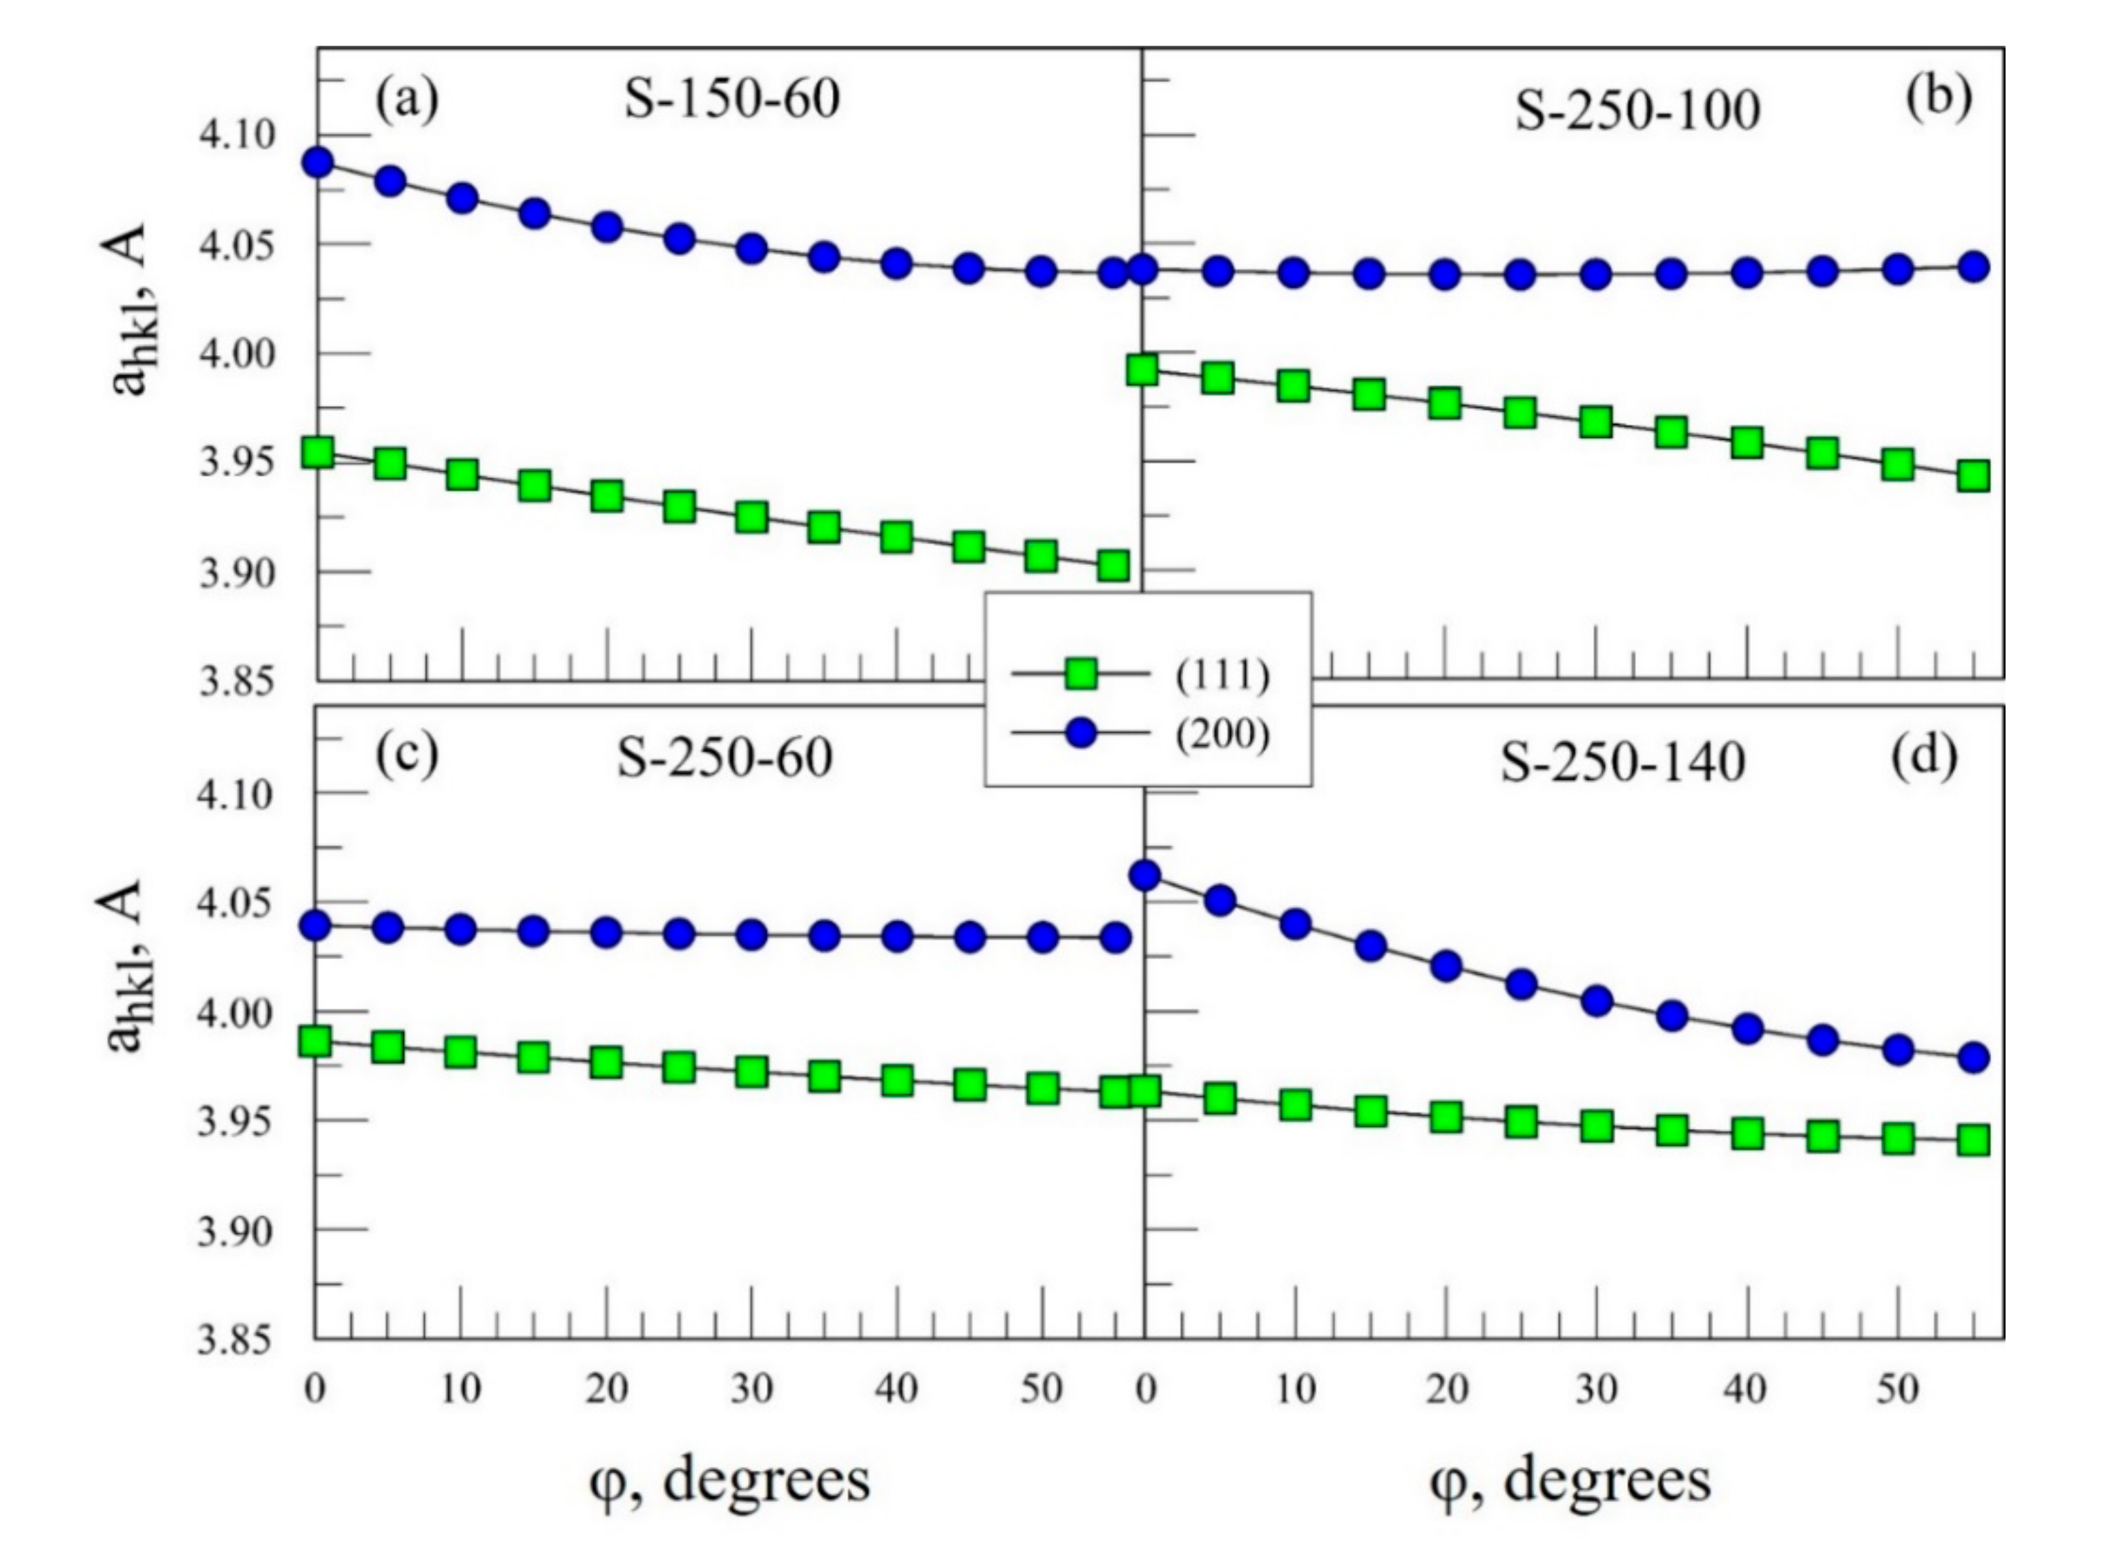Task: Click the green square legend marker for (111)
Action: coord(1081,674)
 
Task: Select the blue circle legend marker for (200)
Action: coord(1081,733)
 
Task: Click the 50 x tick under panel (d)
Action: coord(1898,1389)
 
